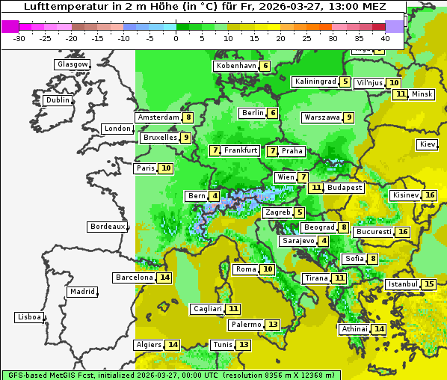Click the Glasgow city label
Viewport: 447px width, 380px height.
click(73, 64)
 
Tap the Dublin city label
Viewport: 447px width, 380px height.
click(58, 100)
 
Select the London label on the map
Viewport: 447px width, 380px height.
click(117, 129)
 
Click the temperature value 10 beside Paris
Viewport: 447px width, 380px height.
click(166, 168)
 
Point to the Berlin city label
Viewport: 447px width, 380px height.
click(253, 113)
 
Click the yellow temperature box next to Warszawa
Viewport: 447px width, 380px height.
click(349, 117)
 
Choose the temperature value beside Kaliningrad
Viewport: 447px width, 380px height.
click(345, 82)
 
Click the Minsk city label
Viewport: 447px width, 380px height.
click(422, 94)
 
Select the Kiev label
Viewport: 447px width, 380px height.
click(428, 144)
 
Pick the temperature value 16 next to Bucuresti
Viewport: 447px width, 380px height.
click(404, 232)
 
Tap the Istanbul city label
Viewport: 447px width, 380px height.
click(403, 284)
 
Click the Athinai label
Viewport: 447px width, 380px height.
click(354, 329)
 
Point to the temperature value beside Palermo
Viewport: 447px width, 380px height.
click(273, 325)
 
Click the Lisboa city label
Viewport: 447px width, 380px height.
click(28, 317)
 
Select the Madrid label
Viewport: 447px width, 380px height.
click(81, 292)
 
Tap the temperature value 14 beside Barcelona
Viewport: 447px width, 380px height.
click(164, 278)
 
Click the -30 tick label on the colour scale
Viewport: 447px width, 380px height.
click(19, 38)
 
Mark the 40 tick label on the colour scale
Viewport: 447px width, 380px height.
click(385, 38)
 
